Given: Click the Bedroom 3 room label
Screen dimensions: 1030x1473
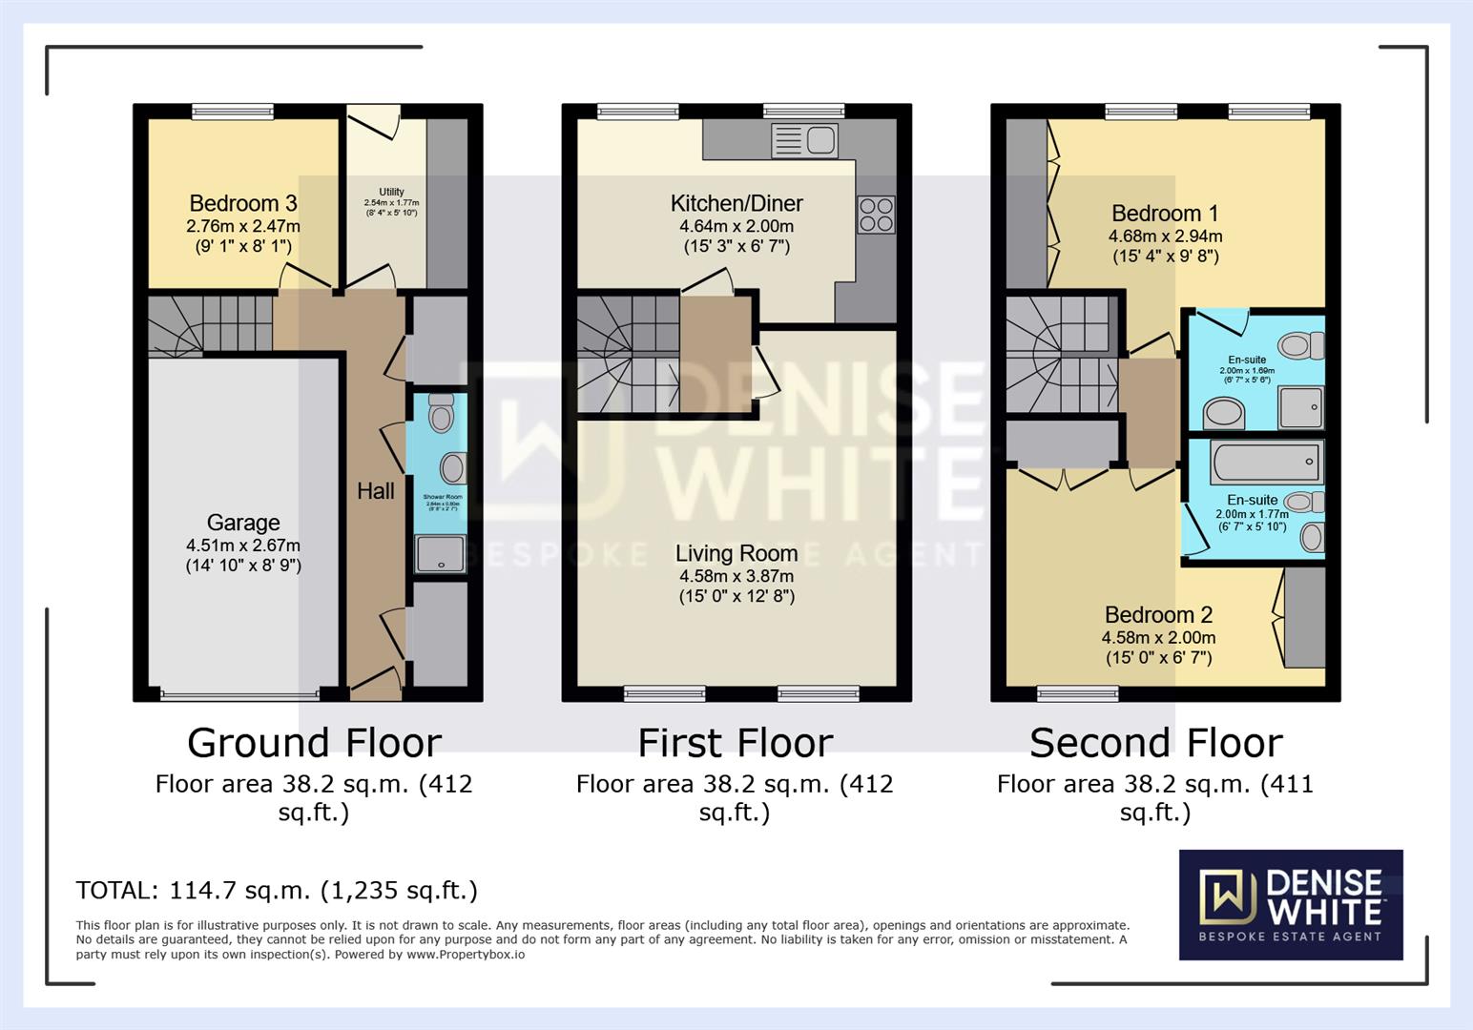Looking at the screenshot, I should (242, 203).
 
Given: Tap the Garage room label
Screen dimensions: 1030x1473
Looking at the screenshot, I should (243, 523).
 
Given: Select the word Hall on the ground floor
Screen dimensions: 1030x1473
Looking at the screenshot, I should (375, 491).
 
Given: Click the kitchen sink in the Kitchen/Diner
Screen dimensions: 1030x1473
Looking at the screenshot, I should (805, 141).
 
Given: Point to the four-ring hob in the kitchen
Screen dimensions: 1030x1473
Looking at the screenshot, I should (876, 215).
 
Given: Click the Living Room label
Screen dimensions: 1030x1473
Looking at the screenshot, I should (736, 553).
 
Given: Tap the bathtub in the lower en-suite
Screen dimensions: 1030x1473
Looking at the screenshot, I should (1265, 463).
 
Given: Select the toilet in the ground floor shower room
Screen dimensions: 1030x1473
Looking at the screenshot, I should (441, 415).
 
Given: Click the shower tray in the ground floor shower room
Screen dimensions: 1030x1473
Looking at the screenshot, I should (440, 554).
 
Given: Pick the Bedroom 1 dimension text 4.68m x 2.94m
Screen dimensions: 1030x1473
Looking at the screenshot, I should (1165, 237).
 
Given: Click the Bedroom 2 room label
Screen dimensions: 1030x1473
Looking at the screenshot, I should (1158, 615).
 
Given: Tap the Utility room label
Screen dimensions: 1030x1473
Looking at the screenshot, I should (391, 192).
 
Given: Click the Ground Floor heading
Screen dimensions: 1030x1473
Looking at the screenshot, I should (314, 743).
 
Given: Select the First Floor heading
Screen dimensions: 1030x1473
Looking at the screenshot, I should (735, 743).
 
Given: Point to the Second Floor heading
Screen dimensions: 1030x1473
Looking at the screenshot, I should (1155, 743).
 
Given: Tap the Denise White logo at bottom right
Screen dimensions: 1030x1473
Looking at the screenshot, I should (1290, 904).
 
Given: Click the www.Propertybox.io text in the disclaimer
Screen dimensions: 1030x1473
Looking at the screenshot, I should (466, 954).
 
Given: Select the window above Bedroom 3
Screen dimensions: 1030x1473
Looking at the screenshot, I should (233, 112).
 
